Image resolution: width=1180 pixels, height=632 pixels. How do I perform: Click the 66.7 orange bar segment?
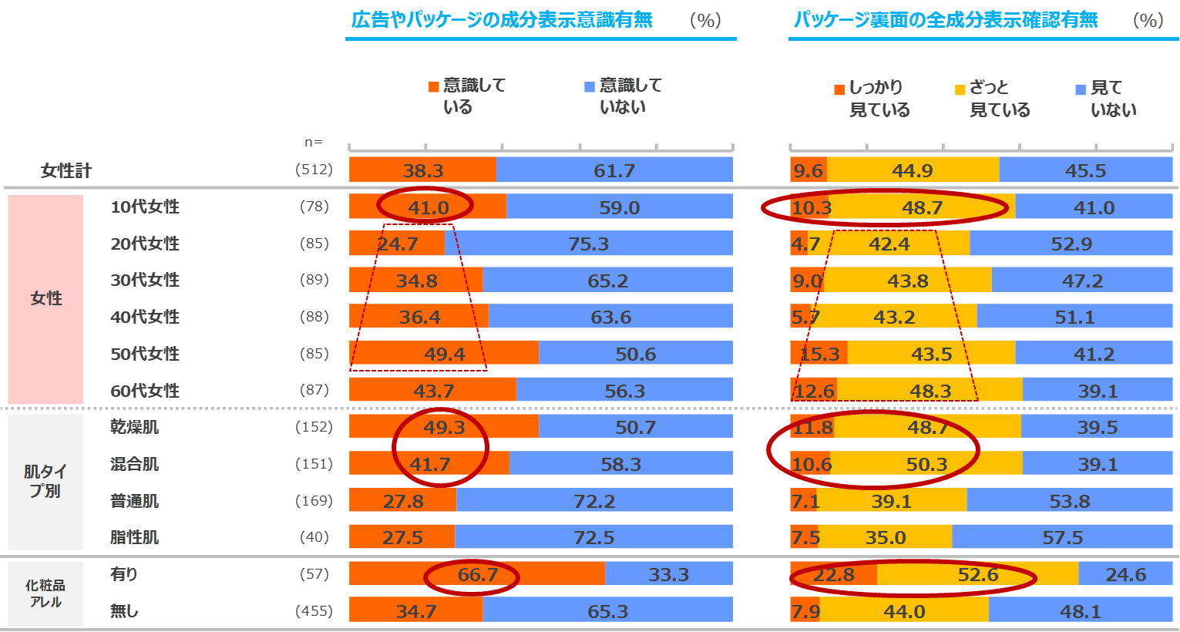click(477, 574)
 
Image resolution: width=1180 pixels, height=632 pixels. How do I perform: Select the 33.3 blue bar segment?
click(668, 574)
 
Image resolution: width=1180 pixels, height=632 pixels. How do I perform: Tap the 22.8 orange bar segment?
click(833, 574)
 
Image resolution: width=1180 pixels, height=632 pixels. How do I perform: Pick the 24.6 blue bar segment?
click(1125, 574)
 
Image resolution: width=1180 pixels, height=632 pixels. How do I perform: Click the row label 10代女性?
click(145, 207)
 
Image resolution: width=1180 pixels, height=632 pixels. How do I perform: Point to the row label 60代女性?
click(145, 391)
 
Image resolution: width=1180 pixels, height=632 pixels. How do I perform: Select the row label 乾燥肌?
click(135, 427)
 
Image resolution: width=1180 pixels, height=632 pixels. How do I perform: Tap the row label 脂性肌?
click(135, 537)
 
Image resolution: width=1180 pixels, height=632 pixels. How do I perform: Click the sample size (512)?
click(314, 170)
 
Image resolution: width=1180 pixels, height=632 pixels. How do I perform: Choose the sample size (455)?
click(314, 611)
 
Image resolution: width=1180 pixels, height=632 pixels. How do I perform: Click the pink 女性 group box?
click(45, 299)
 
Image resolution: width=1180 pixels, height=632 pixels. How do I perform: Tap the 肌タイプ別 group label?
click(45, 481)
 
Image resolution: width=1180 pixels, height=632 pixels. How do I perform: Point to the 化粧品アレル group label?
click(45, 593)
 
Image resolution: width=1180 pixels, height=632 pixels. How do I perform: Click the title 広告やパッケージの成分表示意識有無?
click(503, 20)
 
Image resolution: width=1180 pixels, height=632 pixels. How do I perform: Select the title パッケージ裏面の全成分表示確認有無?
click(946, 20)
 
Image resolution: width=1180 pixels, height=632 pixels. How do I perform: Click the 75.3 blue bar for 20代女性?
click(589, 244)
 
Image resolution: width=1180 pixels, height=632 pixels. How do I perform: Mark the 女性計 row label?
click(66, 170)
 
